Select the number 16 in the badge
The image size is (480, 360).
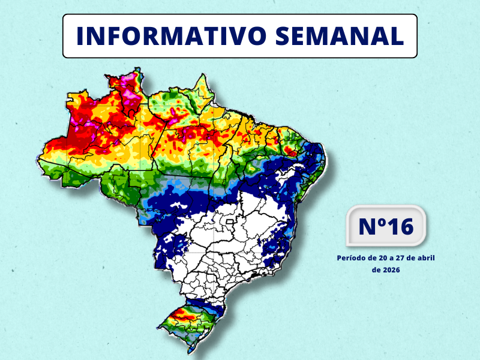[x=400, y=227]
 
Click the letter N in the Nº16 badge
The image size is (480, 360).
[x=367, y=227]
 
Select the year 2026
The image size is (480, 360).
[x=391, y=270]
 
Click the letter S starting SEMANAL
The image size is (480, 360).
[x=284, y=36]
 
